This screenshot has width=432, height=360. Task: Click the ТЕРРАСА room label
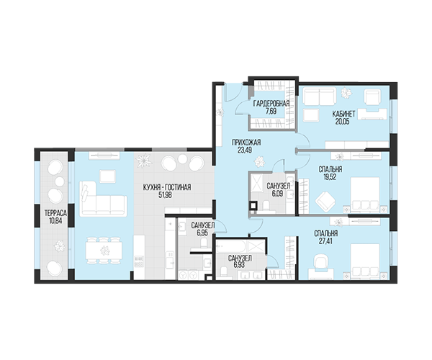pyautogui.click(x=55, y=213)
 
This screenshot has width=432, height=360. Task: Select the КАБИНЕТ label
pyautogui.click(x=343, y=114)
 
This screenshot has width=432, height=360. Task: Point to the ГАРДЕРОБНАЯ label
pyautogui.click(x=271, y=104)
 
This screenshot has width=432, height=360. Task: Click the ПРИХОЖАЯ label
pyautogui.click(x=246, y=143)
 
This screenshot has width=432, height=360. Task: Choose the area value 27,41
pyautogui.click(x=325, y=241)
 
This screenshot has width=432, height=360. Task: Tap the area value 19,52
pyautogui.click(x=330, y=177)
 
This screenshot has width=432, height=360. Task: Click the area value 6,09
pyautogui.click(x=277, y=194)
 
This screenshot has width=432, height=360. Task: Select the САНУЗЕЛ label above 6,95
pyautogui.click(x=203, y=225)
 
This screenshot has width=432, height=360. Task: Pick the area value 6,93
pyautogui.click(x=239, y=265)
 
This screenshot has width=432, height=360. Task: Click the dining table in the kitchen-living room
pyautogui.click(x=104, y=250)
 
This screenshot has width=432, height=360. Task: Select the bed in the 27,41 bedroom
pyautogui.click(x=365, y=261)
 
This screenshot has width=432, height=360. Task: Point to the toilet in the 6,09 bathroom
pyautogui.click(x=266, y=205)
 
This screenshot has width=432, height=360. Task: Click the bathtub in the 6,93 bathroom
pyautogui.click(x=232, y=246)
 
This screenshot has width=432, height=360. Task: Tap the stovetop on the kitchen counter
pyautogui.click(x=139, y=261)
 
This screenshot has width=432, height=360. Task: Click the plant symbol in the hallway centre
pyautogui.click(x=259, y=161)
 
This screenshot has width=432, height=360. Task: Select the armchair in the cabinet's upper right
pyautogui.click(x=372, y=98)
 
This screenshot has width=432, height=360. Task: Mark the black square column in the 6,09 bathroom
pyautogui.click(x=253, y=205)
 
